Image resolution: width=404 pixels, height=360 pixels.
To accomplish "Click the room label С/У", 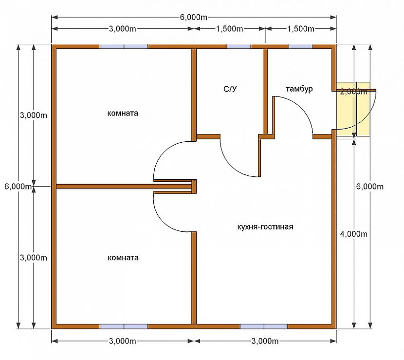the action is tap(230, 89).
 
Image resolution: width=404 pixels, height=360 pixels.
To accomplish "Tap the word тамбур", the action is tap(299, 89).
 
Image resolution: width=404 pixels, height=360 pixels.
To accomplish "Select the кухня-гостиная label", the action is tap(265, 227).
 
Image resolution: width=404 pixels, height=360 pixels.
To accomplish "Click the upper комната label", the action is tap(123, 113).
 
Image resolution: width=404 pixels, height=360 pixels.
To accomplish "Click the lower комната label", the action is tap(123, 258).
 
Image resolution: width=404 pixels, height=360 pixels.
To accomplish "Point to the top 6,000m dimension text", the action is tap(194, 17).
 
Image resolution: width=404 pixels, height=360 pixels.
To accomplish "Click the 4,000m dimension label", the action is tap(354, 234).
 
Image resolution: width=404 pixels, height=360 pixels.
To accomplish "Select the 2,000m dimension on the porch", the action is tap(354, 91).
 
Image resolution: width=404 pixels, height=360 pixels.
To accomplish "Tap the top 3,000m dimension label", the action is tap(122, 29).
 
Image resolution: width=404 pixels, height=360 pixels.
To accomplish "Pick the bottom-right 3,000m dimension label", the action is tap(265, 341).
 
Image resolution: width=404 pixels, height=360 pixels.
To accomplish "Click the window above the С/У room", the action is tap(239, 46).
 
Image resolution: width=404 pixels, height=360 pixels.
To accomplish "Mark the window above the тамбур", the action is tap(301, 46).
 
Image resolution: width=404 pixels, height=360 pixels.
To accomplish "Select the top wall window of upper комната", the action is tap(124, 46).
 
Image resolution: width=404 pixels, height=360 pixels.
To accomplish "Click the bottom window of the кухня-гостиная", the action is tap(264, 326).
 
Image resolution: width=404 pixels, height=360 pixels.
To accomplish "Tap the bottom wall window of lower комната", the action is tap(124, 326).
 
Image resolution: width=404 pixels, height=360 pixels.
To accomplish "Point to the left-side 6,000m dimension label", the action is tap(18, 186).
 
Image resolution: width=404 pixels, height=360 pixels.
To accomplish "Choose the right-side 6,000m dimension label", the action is tap(370, 186).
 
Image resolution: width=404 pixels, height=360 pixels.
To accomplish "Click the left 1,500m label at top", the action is tap(229, 29).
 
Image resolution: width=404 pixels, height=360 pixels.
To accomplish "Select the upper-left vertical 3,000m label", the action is tap(34, 115).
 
